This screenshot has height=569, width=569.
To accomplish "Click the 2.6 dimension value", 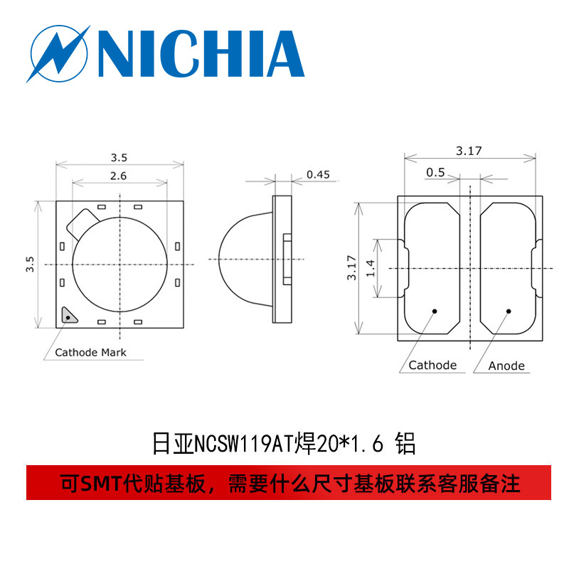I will (119, 176).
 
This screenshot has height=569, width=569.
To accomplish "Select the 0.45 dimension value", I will (317, 174).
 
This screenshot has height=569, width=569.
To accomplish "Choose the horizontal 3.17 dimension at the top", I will (469, 151).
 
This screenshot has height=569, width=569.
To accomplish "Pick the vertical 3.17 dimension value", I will (351, 268).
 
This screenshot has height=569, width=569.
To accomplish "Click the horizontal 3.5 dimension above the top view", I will (119, 157).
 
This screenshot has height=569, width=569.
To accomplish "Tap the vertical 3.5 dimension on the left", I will (31, 265).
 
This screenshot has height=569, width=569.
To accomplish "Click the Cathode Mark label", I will (90, 352).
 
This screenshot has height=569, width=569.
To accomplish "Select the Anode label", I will (506, 366).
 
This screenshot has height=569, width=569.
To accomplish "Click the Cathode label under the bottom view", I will (432, 365).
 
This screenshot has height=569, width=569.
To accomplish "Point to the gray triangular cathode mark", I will (68, 314).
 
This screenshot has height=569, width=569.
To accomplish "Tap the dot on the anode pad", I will (509, 311).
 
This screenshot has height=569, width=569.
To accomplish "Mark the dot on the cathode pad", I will (434, 311).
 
